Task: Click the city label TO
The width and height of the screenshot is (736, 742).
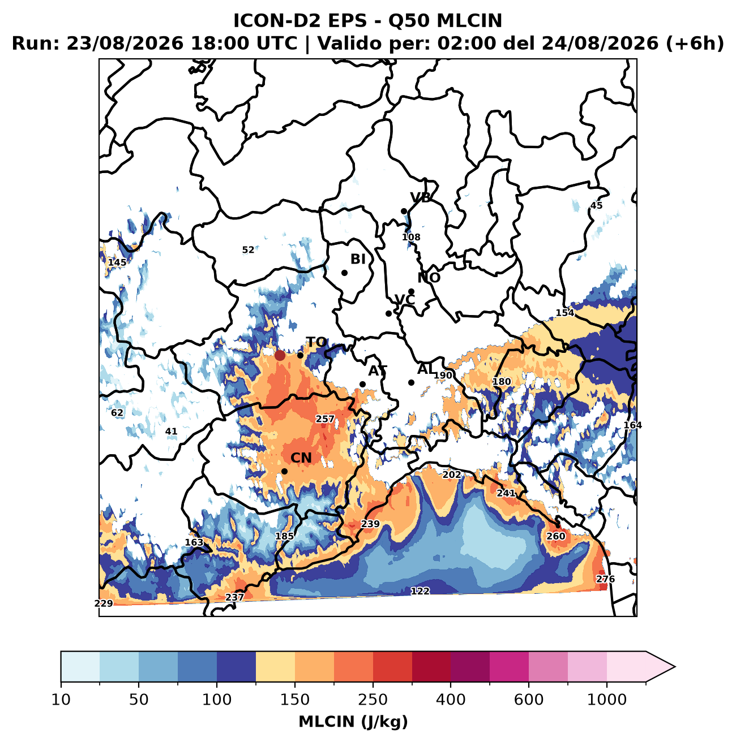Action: click(316, 342)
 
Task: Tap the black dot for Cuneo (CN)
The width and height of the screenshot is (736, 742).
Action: click(284, 471)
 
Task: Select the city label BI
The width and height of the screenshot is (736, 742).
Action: click(358, 259)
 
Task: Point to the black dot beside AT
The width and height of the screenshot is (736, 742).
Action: click(362, 384)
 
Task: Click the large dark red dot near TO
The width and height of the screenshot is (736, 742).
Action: click(280, 355)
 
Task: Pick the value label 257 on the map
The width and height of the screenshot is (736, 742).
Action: click(325, 419)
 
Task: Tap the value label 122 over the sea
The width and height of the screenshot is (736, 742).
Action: click(420, 591)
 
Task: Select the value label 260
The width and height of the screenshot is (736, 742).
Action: click(556, 536)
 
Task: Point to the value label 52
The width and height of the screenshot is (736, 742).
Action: click(248, 250)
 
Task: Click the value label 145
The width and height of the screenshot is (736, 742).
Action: click(117, 262)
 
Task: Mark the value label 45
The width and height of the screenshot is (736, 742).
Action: click(596, 206)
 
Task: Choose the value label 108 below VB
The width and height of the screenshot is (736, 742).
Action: click(411, 237)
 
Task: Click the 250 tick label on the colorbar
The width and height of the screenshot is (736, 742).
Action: click(373, 700)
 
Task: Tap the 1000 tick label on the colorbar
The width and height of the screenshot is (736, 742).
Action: click(607, 700)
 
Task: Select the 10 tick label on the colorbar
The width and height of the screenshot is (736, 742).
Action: click(61, 700)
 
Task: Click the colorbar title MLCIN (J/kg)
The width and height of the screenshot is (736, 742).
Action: click(353, 722)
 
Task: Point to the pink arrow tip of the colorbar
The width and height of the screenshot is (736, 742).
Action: click(675, 667)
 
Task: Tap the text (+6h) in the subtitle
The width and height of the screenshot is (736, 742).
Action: click(695, 44)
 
